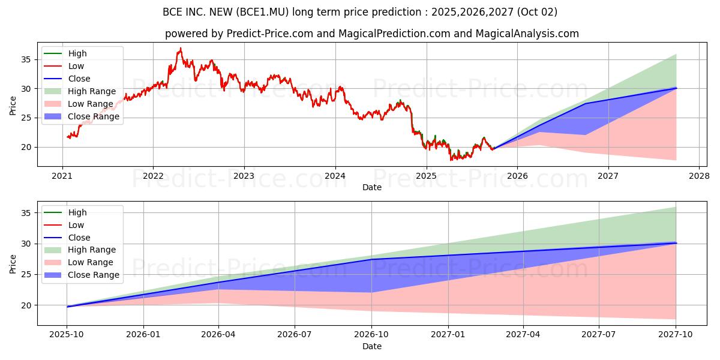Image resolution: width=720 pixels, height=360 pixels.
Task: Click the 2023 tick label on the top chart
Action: [244, 176]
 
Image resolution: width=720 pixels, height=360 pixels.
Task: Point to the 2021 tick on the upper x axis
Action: [62, 176]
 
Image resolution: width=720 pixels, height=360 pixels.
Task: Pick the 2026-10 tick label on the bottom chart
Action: [371, 334]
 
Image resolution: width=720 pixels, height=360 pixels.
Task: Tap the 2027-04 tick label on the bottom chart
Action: [523, 334]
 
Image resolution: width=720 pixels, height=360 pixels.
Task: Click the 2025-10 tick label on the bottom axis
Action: [66, 334]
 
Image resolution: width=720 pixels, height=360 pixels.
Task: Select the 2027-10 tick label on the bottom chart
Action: [676, 334]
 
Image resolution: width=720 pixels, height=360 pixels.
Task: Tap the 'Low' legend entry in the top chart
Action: [76, 66]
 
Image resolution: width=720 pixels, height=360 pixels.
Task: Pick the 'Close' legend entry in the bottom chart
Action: [79, 238]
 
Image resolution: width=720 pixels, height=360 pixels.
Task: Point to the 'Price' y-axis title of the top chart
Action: [13, 106]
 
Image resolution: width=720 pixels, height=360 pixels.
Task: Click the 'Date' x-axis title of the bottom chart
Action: [372, 346]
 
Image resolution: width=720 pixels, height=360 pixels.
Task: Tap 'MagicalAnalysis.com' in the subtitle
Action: [527, 34]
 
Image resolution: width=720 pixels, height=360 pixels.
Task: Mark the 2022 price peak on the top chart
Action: [181, 48]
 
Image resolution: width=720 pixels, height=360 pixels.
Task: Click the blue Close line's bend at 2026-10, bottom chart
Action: [371, 259]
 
